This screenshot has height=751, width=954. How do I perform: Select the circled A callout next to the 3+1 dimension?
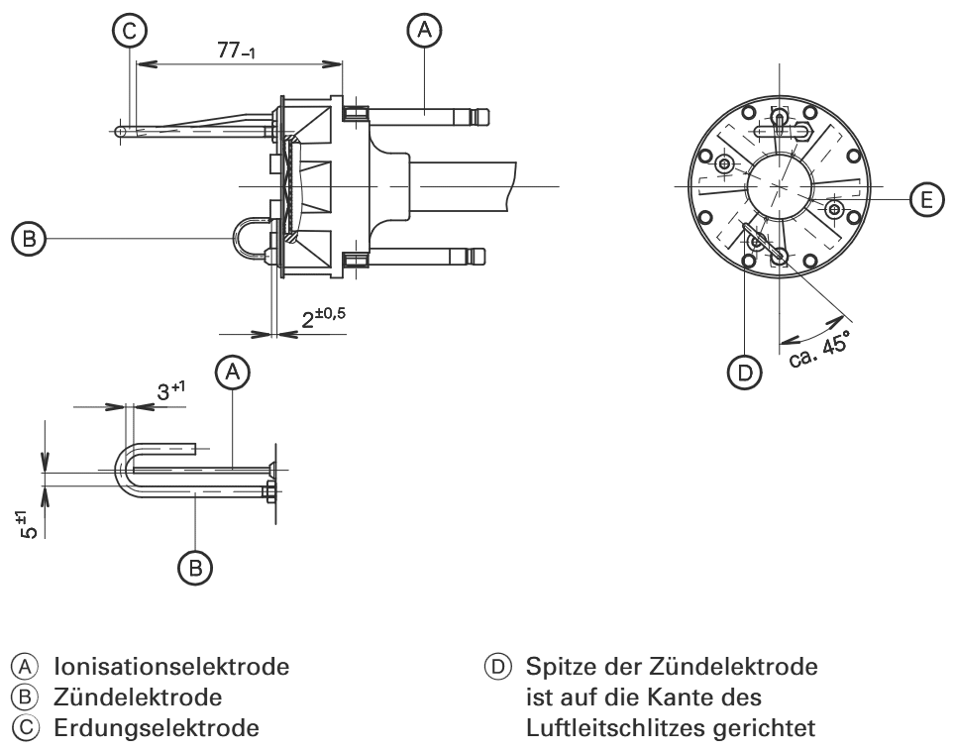(234, 373)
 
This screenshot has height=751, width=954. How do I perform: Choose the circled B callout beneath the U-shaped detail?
(196, 566)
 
